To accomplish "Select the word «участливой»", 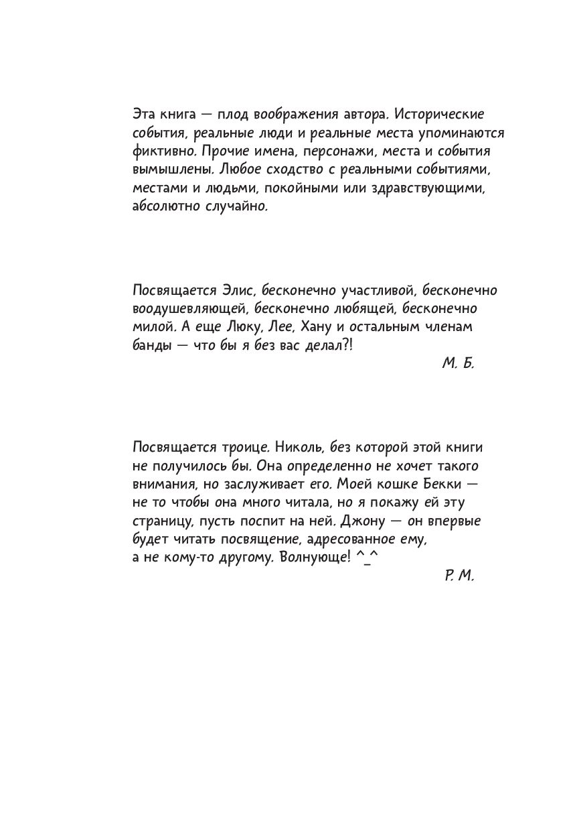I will click(x=390, y=290).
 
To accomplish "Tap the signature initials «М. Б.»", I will click(x=458, y=364).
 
